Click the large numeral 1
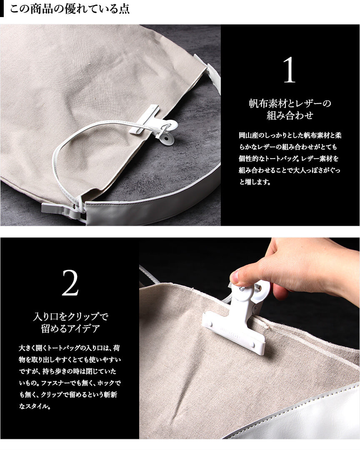click(x=289, y=70)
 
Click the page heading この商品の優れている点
click(x=70, y=9)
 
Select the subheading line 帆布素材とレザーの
click(x=290, y=103)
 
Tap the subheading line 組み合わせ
click(x=290, y=115)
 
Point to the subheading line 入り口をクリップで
click(x=70, y=316)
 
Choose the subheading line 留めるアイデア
click(x=70, y=328)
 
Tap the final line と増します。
click(x=255, y=181)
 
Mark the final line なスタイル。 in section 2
click(x=35, y=406)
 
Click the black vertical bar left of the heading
click(x=2, y=9)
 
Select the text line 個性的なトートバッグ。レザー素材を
click(x=289, y=159)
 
